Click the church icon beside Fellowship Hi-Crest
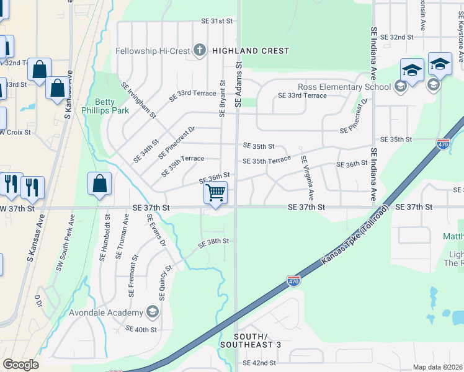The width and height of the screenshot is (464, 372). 200,50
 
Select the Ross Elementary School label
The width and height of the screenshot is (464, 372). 344,87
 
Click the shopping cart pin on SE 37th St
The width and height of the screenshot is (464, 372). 215,193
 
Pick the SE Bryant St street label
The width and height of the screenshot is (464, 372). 221,97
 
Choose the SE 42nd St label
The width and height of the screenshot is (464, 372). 259,363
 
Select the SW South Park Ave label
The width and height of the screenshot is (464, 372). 64,242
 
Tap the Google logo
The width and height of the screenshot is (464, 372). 20,364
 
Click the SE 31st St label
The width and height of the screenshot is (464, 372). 216,21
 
